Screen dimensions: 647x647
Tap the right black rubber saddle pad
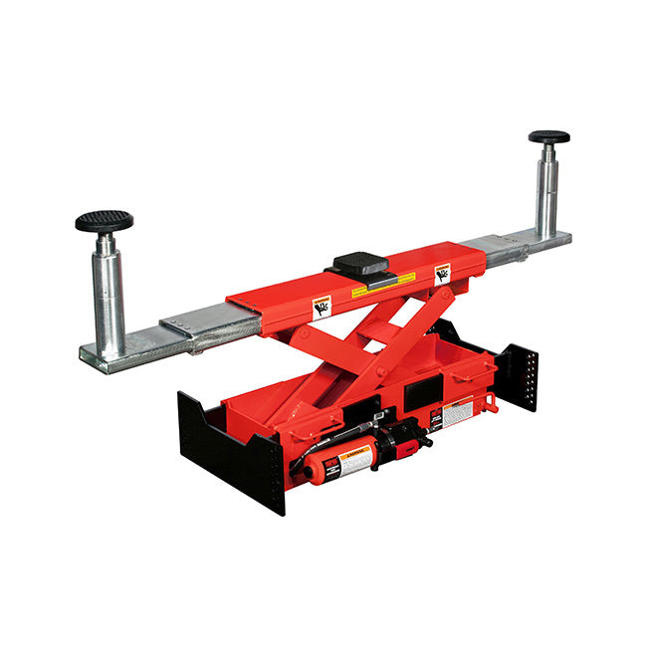point(548,137)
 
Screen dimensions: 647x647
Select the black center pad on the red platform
point(359,265)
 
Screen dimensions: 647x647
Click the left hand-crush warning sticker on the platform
point(322,307)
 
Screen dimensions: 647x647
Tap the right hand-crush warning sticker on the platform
point(441,272)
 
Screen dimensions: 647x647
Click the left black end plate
point(231,448)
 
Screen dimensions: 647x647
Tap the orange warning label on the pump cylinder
point(352,459)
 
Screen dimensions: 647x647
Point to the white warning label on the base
point(457,412)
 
